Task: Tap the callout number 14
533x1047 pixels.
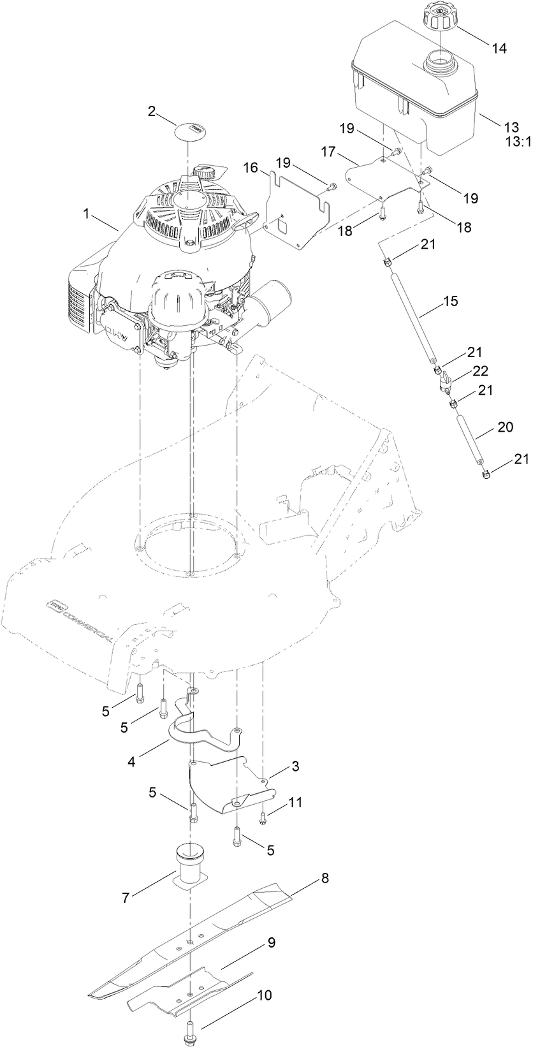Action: [x=499, y=48]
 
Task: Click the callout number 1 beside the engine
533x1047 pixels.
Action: [x=85, y=214]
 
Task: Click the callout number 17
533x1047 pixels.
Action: [x=328, y=152]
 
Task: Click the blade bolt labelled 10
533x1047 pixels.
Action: [x=192, y=1027]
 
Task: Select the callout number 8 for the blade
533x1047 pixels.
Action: [x=325, y=877]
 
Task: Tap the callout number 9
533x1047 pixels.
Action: [x=272, y=942]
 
